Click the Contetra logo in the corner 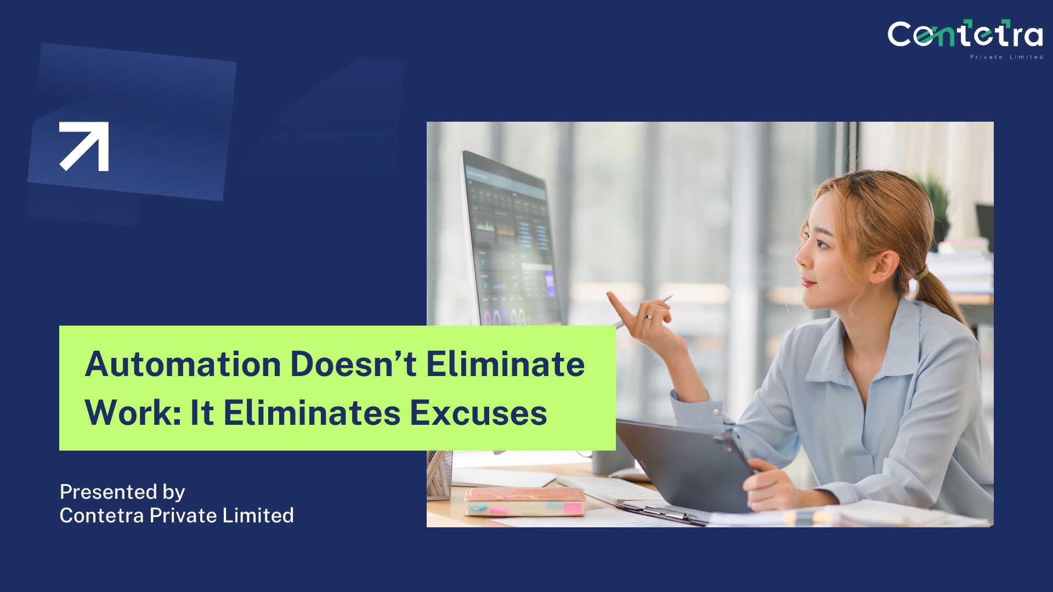965,39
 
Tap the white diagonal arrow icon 84,146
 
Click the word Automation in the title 183,364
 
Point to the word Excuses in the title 479,413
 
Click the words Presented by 122,492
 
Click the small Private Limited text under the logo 1006,57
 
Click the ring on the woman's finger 649,317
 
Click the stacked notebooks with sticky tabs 524,502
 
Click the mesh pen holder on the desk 439,475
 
